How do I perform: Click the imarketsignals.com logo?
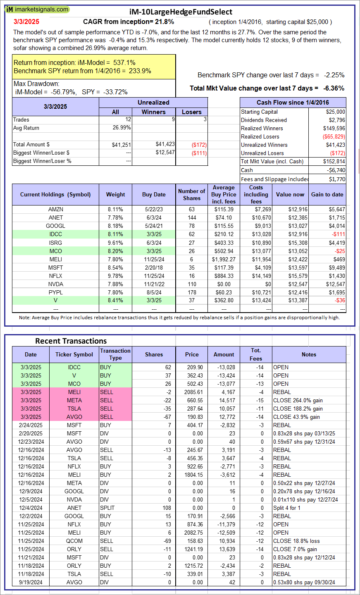pyautogui.click(x=37, y=9)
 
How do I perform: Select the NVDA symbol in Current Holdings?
pyautogui.click(x=55, y=284)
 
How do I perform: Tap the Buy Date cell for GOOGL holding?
pyautogui.click(x=154, y=226)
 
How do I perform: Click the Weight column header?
pyautogui.click(x=115, y=195)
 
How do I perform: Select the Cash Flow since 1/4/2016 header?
pyautogui.click(x=293, y=103)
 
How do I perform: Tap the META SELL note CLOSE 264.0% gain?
pyautogui.click(x=298, y=400)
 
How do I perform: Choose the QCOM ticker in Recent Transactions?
pyautogui.click(x=74, y=541)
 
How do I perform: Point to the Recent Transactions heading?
pyautogui.click(x=71, y=341)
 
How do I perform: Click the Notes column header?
pyautogui.click(x=309, y=355)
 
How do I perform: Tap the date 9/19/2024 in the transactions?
pyautogui.click(x=30, y=582)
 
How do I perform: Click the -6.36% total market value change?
pyautogui.click(x=334, y=88)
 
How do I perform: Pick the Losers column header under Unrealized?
pyautogui.click(x=192, y=112)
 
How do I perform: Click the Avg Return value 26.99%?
pyautogui.click(x=122, y=128)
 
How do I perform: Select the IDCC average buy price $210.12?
pyautogui.click(x=224, y=234)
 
